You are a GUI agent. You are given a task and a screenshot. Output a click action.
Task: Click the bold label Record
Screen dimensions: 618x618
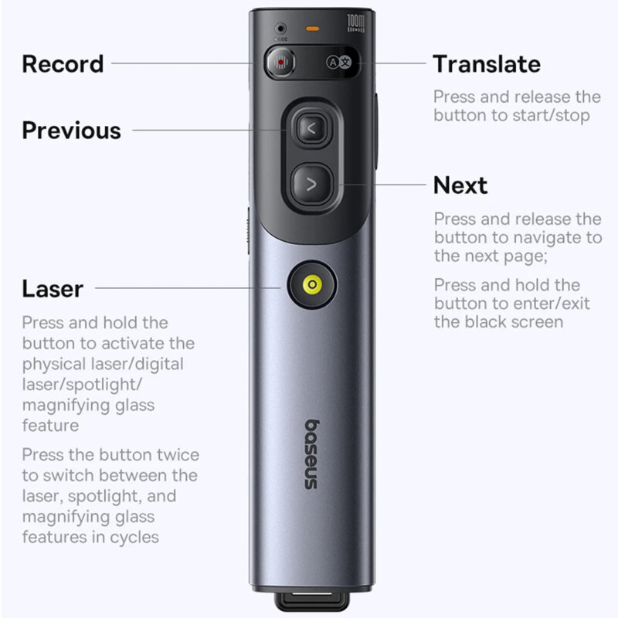[x=63, y=63]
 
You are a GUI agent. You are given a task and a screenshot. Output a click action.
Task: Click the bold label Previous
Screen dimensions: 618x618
[x=71, y=130]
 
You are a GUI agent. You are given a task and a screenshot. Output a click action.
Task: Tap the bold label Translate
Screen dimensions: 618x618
[x=486, y=63]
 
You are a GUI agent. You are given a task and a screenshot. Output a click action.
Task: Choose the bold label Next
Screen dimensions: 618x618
[x=460, y=185]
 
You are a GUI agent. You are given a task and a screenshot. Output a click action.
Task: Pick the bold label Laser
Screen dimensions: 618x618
[x=52, y=289]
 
